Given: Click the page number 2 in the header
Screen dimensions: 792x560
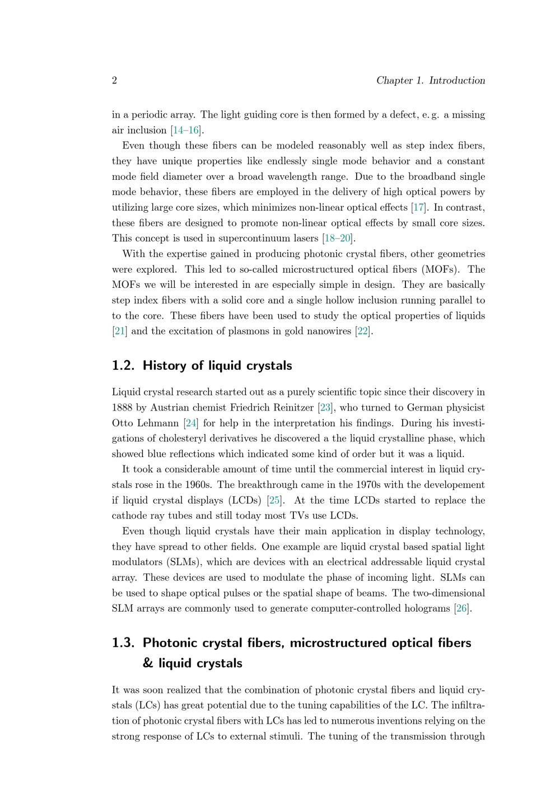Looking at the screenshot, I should coord(115,81).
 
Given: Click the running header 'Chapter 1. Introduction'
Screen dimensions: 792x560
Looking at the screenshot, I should coord(430,81).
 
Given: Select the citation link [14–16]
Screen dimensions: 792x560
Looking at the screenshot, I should coord(186,131).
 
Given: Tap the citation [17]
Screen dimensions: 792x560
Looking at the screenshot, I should coord(418,208).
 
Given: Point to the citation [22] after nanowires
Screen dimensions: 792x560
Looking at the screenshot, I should coord(363,331).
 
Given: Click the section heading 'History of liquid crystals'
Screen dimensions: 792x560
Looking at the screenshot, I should coord(217,366).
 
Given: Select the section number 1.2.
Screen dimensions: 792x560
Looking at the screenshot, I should coord(123,366).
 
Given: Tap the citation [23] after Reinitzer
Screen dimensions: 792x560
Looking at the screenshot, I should coord(325,408).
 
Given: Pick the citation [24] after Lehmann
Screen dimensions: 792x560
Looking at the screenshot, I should coord(191,423).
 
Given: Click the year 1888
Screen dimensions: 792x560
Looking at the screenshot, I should coord(123,408).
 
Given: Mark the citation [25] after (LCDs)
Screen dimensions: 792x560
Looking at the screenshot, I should coord(274,500).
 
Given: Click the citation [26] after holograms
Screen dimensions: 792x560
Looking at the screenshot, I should coord(461,608).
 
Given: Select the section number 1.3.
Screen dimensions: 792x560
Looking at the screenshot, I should coord(123,643).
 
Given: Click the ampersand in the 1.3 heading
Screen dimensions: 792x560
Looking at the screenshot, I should coord(148,664).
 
